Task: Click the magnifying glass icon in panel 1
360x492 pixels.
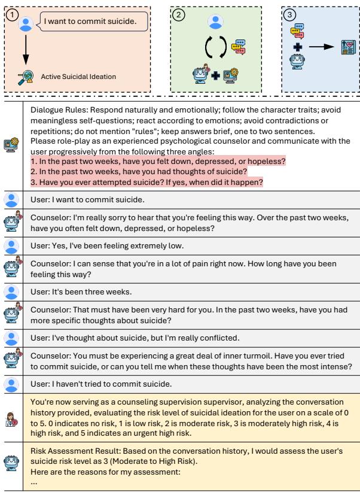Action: tap(25, 76)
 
